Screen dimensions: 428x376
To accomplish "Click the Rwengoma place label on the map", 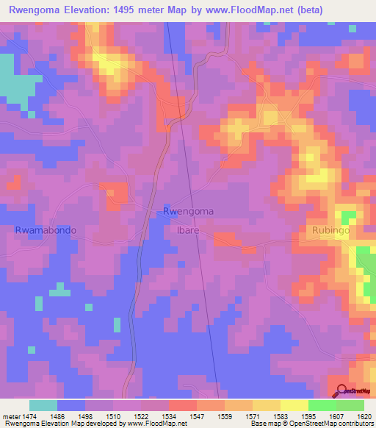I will tap(188, 211).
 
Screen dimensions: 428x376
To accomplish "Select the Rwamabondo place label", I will tap(46, 230).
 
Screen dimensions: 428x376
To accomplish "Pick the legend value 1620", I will tap(355, 416).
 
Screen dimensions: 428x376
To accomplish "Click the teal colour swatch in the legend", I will tap(43, 405).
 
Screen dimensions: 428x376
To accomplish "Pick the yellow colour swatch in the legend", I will tap(294, 405).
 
